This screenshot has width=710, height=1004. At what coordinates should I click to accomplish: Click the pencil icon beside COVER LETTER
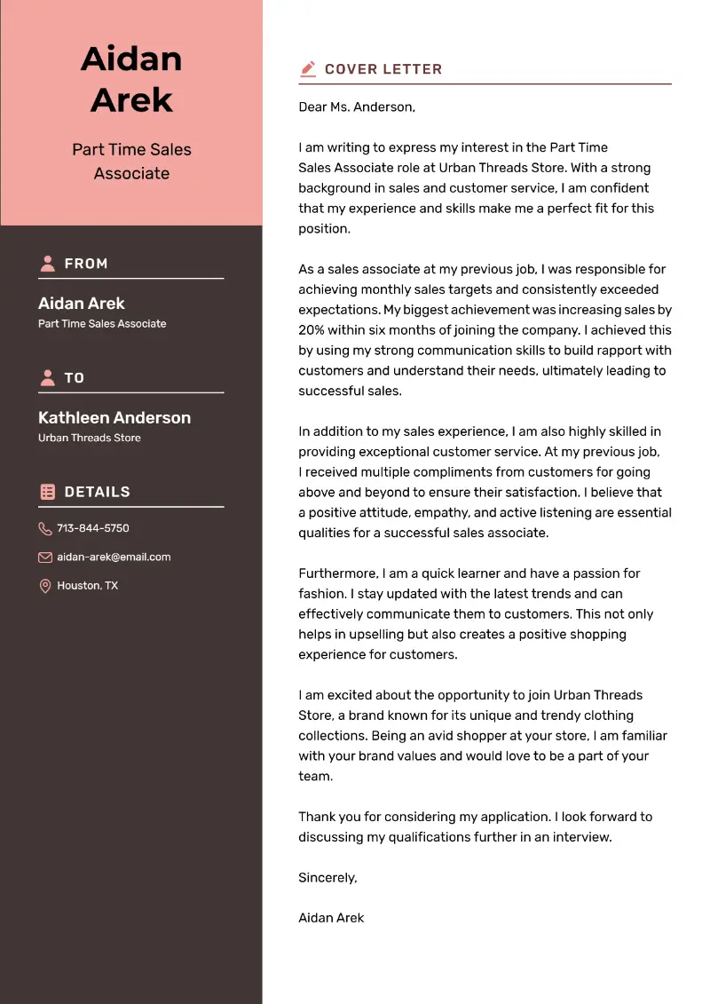[308, 68]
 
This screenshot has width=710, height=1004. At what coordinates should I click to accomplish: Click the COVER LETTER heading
[383, 69]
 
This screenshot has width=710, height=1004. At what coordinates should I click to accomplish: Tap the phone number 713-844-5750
[93, 528]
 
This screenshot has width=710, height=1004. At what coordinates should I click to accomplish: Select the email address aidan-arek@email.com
[114, 557]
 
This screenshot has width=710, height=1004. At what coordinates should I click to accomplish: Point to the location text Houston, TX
[87, 586]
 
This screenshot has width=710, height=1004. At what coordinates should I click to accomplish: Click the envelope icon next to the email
[45, 557]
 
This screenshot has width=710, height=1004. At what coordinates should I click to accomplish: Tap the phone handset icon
[45, 529]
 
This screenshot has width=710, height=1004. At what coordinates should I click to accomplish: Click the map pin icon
[45, 586]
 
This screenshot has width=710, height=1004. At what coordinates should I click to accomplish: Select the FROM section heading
[86, 264]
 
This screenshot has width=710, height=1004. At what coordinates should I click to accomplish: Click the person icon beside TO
[47, 378]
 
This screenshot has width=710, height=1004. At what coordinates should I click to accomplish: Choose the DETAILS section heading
[97, 492]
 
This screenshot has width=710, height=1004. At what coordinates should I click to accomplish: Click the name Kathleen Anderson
[114, 417]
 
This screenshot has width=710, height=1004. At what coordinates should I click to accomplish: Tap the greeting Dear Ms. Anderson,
[357, 107]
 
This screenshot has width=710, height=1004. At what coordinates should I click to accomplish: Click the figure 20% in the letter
[313, 330]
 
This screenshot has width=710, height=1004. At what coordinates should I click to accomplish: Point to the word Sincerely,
[327, 878]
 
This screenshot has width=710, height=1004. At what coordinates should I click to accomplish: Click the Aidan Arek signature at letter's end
[331, 918]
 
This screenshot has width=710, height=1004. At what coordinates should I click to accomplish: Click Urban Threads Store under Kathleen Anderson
[90, 438]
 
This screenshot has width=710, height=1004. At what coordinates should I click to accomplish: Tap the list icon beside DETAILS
[47, 492]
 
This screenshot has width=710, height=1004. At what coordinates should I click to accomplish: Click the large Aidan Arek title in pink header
[131, 79]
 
